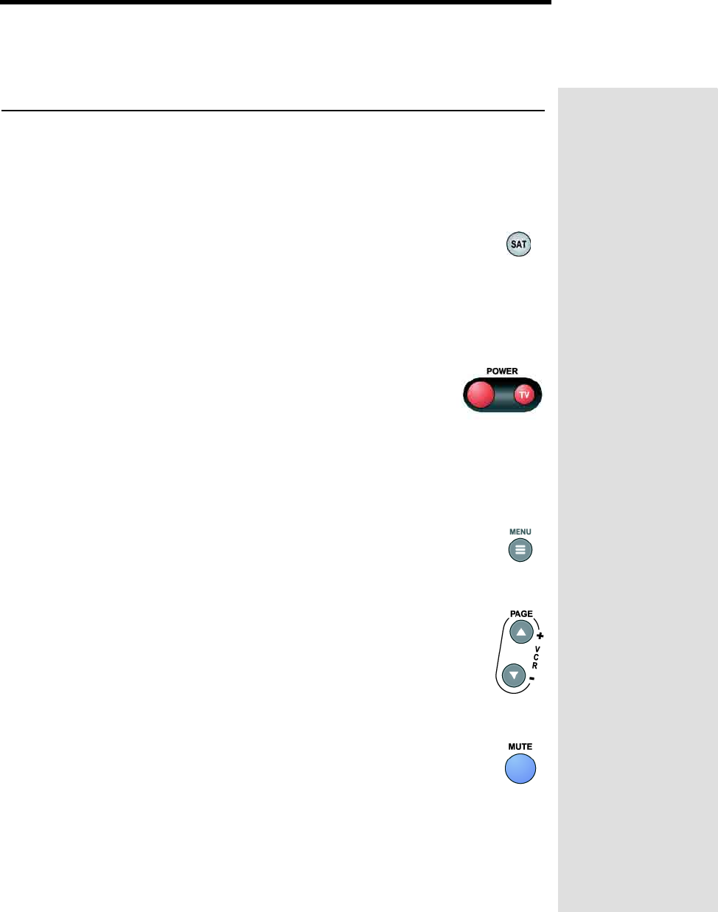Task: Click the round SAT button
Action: coord(519,244)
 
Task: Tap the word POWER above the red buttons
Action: coord(502,371)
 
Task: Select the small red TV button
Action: coord(523,394)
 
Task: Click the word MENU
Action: coord(520,532)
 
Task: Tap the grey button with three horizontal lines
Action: coord(520,550)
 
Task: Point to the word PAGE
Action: coord(521,613)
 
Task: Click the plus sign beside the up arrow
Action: coord(540,636)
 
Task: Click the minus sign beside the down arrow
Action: coord(532,678)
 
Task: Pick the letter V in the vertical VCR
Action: coord(537,649)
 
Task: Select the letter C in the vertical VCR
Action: coord(536,657)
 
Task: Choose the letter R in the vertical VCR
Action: coord(535,666)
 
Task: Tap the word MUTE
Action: coord(520,747)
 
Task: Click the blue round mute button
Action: coord(520,768)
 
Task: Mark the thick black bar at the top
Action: coord(276,2)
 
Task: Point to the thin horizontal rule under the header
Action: coord(273,111)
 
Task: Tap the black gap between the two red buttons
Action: coord(503,395)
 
